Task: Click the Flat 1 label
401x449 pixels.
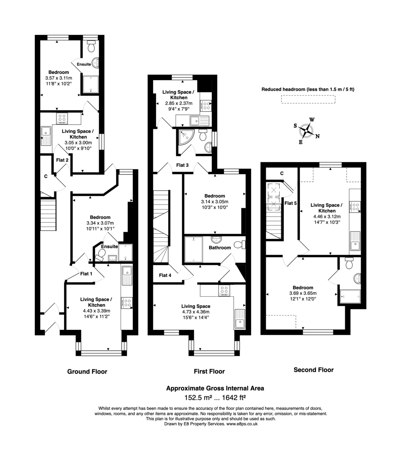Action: click(x=86, y=274)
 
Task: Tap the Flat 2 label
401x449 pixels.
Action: click(x=62, y=160)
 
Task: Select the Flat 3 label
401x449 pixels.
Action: click(x=182, y=165)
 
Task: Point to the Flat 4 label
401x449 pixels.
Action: click(x=165, y=275)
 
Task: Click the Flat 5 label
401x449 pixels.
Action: click(x=290, y=203)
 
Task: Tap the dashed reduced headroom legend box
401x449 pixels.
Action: click(x=308, y=99)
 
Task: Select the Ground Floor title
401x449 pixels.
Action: click(x=87, y=372)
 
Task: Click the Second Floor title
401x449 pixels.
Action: click(x=313, y=370)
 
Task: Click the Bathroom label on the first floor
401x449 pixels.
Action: click(x=220, y=247)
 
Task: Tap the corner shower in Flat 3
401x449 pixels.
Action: click(x=184, y=137)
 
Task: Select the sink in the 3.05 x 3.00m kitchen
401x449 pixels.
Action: click(x=46, y=131)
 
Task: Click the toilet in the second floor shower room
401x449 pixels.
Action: click(x=349, y=263)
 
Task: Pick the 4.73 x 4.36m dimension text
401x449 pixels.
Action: click(x=196, y=312)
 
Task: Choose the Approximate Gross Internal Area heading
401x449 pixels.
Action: click(x=215, y=388)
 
